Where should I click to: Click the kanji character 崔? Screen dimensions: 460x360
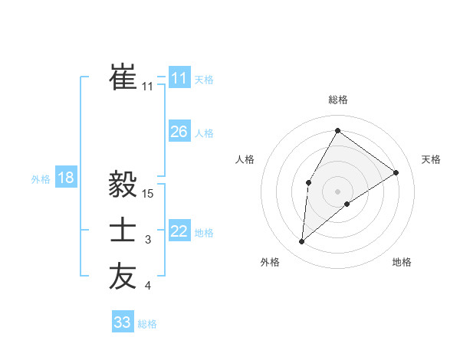[123, 76]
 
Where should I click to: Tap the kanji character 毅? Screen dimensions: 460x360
[123, 184]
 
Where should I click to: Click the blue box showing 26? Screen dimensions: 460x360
[179, 132]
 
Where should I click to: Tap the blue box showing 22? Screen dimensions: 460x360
[179, 231]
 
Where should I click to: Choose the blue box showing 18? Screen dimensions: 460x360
[65, 178]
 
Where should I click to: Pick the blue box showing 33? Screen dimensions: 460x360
[122, 322]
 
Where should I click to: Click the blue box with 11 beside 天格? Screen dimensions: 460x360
[179, 78]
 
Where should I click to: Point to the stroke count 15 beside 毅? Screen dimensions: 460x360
[149, 194]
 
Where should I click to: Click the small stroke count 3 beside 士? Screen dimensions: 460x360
[148, 241]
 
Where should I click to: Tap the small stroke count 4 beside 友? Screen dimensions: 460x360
[148, 286]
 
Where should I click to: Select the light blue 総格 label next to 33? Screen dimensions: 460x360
[147, 324]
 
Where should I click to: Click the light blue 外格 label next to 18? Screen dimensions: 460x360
[41, 179]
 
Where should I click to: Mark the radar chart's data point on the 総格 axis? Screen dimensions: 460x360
[337, 130]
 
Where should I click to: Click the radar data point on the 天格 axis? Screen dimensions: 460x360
[396, 172]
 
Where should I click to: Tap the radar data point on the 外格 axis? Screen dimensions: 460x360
[302, 242]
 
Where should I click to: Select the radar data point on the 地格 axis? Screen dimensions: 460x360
[347, 204]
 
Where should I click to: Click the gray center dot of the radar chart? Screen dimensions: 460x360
[337, 191]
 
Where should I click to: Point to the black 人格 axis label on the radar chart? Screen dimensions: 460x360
[245, 159]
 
